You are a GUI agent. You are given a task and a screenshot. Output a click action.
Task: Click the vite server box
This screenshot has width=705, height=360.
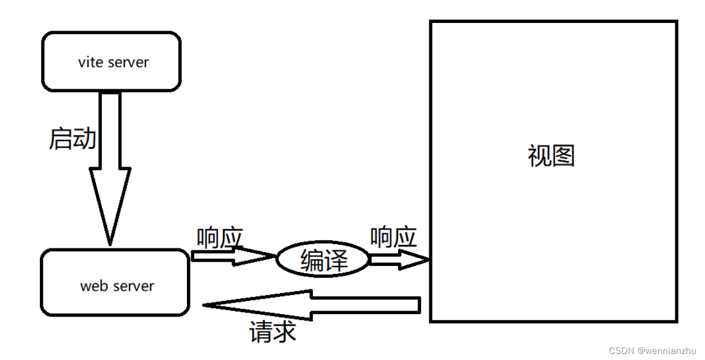(111, 62)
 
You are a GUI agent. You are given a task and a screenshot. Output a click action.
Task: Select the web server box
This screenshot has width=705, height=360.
(115, 283)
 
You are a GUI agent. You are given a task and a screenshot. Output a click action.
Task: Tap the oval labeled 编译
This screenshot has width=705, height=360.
(323, 260)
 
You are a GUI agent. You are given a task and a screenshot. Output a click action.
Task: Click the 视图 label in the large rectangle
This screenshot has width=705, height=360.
(551, 156)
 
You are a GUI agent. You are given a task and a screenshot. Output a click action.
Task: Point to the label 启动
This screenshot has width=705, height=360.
(72, 139)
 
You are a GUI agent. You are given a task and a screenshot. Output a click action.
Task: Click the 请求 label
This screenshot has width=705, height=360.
(273, 332)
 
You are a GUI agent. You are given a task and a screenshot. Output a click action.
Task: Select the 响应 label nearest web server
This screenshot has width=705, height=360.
(220, 238)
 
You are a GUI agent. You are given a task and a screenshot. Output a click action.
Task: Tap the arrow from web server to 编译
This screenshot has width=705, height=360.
(232, 256)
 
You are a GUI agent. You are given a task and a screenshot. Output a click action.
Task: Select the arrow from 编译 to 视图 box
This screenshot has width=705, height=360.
(398, 259)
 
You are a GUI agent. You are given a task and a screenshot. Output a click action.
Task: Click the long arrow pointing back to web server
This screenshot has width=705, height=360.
(314, 305)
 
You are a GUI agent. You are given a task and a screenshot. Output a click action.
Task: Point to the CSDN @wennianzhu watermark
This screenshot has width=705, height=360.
(653, 350)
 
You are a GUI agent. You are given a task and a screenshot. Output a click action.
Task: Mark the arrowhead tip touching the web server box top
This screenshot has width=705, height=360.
(110, 244)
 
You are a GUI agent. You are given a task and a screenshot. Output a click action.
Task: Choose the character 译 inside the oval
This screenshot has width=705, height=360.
(336, 261)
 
